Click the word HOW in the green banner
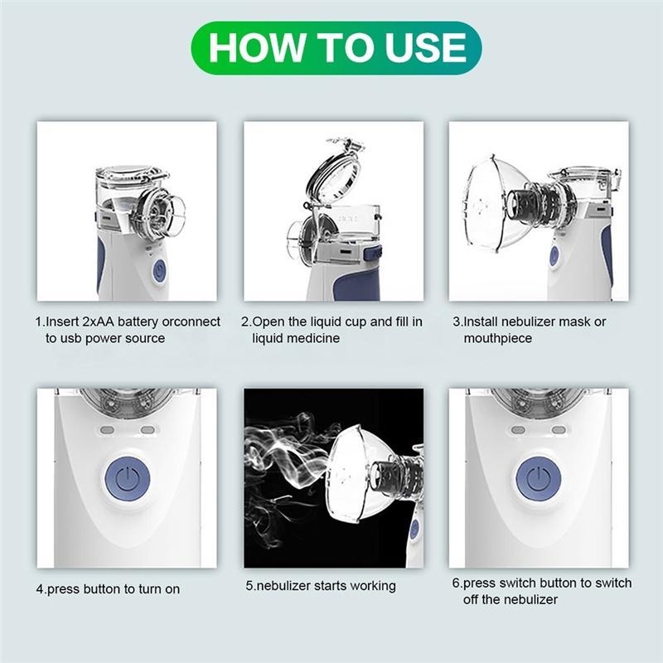tap(257, 47)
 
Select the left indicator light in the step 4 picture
tap(107, 430)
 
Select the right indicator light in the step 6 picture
tap(559, 430)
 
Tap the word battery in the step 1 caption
tap(138, 322)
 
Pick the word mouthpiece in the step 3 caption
tap(498, 339)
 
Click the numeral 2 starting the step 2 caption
tap(244, 322)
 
